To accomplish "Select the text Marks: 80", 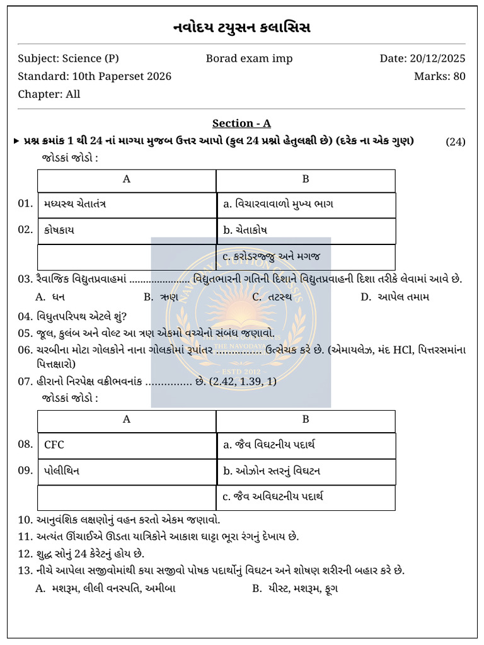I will pyautogui.click(x=439, y=76).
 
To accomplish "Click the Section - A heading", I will pyautogui.click(x=241, y=123).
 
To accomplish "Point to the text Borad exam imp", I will pyautogui.click(x=249, y=59).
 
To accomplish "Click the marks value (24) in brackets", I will pyautogui.click(x=455, y=142).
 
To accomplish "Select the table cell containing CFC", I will pyautogui.click(x=127, y=445).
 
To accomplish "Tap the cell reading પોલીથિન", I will pyautogui.click(x=127, y=471).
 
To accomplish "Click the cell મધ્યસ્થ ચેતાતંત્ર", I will pyautogui.click(x=127, y=205).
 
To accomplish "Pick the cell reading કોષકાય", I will pyautogui.click(x=127, y=231).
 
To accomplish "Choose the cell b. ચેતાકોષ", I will pyautogui.click(x=306, y=231).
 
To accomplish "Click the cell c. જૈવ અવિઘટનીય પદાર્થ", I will pyautogui.click(x=306, y=497).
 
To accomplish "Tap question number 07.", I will pyautogui.click(x=25, y=382).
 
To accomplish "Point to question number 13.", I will pyautogui.click(x=25, y=571).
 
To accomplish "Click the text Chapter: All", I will pyautogui.click(x=49, y=94).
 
